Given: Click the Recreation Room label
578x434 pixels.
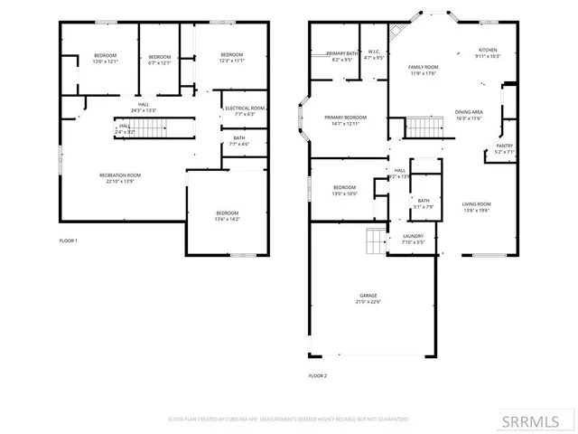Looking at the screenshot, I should point(119,175).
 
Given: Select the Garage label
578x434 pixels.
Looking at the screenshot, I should point(368,296).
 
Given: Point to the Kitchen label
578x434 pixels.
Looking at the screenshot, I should point(488,50).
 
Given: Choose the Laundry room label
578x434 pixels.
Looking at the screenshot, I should point(412,237).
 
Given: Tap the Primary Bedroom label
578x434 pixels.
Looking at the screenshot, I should point(346,118).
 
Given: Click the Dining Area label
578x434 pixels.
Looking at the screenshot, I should point(469,112).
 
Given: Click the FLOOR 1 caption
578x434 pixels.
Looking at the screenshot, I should point(69,241).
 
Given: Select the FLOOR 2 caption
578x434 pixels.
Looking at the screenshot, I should point(317,375).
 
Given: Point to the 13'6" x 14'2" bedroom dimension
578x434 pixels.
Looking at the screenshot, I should point(226,219).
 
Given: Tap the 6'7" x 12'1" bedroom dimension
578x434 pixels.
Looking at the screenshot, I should point(159,62).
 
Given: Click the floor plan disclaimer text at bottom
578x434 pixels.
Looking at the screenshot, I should point(289,420).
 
